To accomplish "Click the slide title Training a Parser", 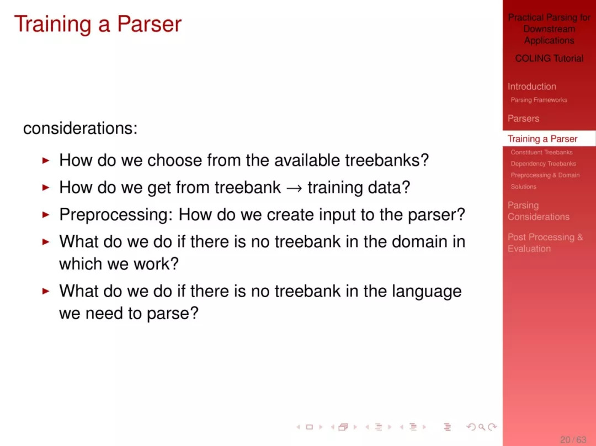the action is pos(98,24).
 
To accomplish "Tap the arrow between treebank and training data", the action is pos(294,188).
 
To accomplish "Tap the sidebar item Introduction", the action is pos(532,87).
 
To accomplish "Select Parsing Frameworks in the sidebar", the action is pos(539,100).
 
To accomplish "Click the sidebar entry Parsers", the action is pos(523,119).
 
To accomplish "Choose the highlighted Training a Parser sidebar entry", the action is pos(542,139).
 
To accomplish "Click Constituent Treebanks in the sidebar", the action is pos(541,152).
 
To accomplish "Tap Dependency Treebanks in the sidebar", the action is pos(543,164).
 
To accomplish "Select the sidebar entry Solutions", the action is pos(523,186).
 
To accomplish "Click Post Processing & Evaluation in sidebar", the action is pos(545,243).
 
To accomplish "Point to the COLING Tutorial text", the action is pos(549,58).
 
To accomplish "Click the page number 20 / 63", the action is pos(573,439).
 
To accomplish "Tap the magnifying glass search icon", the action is pos(482,427).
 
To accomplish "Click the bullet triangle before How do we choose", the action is pos(46,160).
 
